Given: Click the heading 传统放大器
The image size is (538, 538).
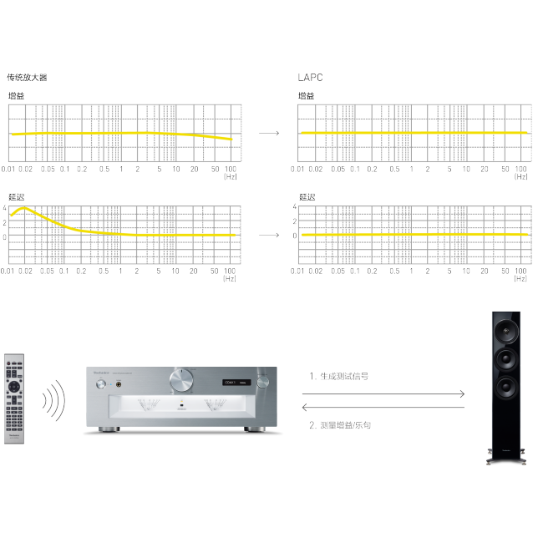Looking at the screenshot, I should [27, 77].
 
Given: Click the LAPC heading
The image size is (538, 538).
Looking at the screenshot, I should [310, 77].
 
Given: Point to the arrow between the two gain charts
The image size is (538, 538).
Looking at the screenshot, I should [269, 133].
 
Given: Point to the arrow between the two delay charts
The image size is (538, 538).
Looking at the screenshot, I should [269, 235].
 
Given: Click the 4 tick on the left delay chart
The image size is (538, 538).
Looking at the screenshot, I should [4, 207].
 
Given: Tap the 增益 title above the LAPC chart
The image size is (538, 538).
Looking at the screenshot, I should [307, 96].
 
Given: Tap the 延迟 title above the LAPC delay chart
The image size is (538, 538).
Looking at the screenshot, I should [307, 197].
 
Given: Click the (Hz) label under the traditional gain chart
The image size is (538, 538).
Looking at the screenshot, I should [230, 177].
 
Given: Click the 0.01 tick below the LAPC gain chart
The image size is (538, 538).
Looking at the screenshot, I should [298, 170].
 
